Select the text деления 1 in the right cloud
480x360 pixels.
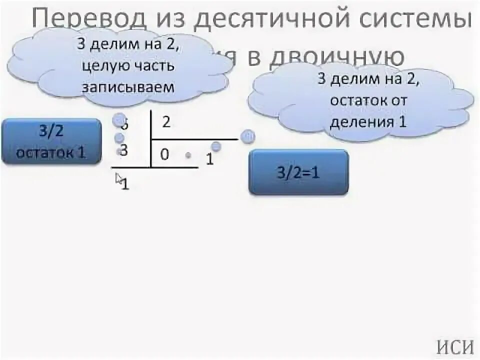coord(367,121)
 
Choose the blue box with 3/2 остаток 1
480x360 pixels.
coord(51,141)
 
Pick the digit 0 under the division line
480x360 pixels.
coord(165,154)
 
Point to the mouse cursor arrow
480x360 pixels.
coord(119,178)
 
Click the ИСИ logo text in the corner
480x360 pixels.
coord(455,346)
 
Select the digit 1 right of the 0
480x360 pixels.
coord(210,159)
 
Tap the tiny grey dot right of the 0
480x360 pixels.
coord(188,155)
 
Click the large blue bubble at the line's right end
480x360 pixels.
coord(247,137)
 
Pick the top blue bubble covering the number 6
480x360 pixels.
coord(119,120)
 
